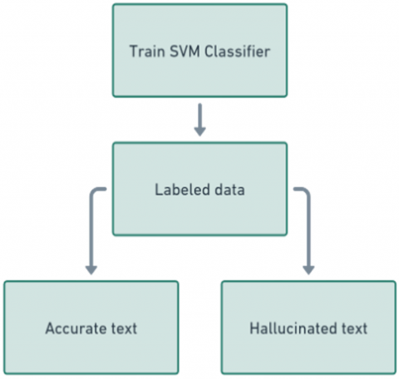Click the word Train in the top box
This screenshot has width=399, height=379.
(x=147, y=52)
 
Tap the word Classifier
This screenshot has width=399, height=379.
(x=238, y=52)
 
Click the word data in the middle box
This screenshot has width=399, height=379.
(x=229, y=189)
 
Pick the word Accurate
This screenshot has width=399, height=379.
(x=76, y=328)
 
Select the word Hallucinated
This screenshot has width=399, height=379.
(x=293, y=328)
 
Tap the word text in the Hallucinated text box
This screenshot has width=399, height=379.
(x=354, y=329)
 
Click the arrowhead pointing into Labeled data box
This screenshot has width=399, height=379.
(x=199, y=131)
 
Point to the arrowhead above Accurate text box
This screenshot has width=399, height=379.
(x=91, y=269)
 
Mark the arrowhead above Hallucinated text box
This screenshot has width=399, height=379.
(x=308, y=269)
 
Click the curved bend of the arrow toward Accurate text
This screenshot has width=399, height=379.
(x=94, y=192)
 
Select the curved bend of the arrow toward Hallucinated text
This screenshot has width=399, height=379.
(x=306, y=192)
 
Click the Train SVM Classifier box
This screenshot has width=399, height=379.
(x=199, y=51)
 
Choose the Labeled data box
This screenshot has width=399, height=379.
(x=199, y=189)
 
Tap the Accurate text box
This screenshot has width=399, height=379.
(x=91, y=327)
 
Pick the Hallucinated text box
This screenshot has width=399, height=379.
(x=308, y=327)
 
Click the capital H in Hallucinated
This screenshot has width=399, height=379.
(x=254, y=328)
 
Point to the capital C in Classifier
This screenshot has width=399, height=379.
(x=209, y=52)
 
